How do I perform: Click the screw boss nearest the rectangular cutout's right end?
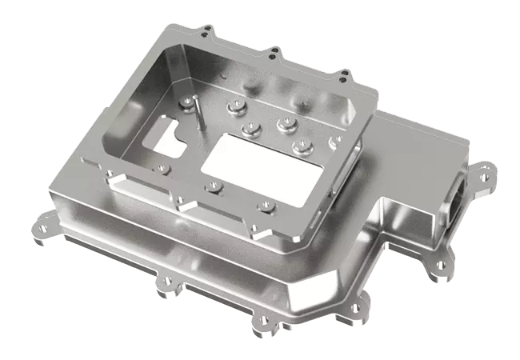301,145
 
